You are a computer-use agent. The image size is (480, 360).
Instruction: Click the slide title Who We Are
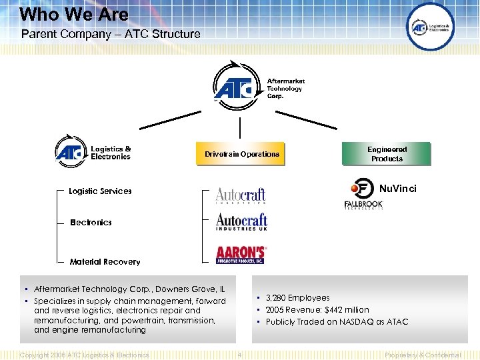[x=74, y=13]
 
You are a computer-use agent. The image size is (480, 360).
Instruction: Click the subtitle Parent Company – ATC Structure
[x=111, y=33]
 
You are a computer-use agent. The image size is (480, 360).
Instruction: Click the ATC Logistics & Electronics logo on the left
[x=93, y=152]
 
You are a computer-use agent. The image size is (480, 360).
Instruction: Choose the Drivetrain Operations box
[x=241, y=154]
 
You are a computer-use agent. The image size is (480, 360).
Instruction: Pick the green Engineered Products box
[x=387, y=154]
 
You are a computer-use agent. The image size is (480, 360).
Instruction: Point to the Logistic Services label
[x=100, y=191]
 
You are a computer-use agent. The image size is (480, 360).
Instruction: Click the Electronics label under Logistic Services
[x=91, y=223]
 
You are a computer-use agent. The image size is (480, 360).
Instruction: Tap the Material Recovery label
[x=105, y=262]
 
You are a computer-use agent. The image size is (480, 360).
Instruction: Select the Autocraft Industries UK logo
[x=241, y=222]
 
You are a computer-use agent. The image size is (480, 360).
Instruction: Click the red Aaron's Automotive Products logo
[x=241, y=255]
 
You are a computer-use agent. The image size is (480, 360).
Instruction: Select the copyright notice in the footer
[x=85, y=355]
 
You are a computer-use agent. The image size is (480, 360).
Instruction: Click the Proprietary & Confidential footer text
[x=423, y=355]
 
